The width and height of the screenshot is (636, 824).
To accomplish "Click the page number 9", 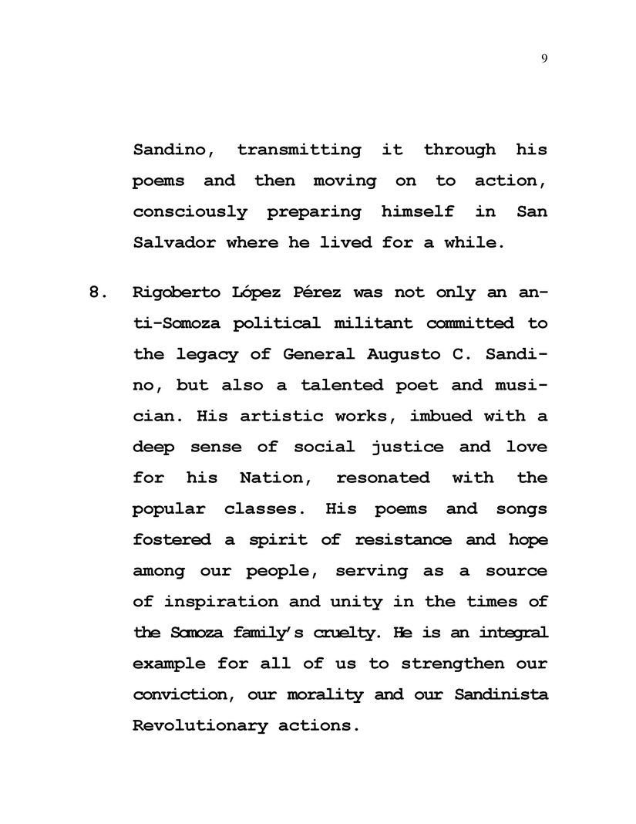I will pyautogui.click(x=544, y=59).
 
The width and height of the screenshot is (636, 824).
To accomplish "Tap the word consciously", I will pyautogui.click(x=190, y=211).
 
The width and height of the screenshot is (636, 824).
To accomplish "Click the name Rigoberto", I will pyautogui.click(x=173, y=292).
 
